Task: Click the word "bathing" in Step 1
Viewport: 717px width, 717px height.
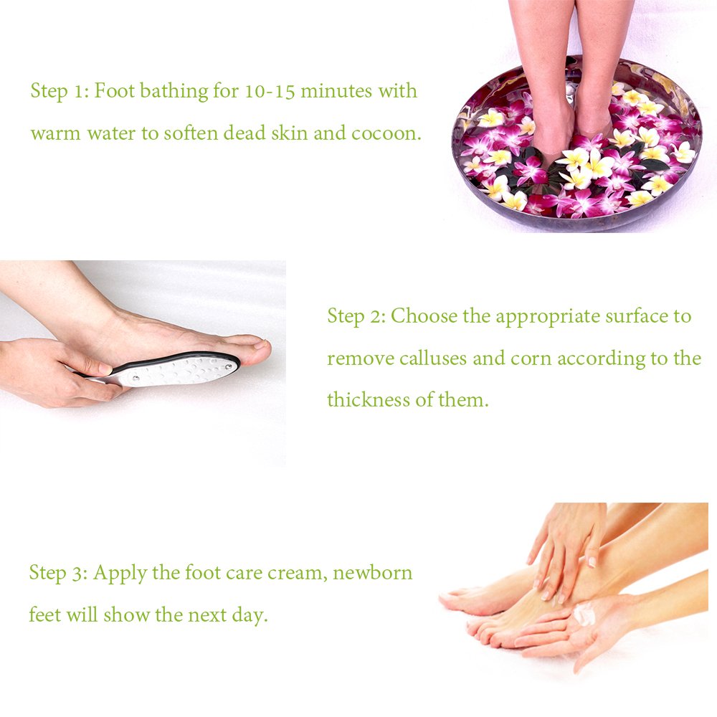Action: pyautogui.click(x=174, y=91)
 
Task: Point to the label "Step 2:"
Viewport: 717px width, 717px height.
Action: pyautogui.click(x=357, y=316)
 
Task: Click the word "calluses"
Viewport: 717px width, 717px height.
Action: pyautogui.click(x=433, y=358)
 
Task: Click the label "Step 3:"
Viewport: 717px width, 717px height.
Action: pyautogui.click(x=59, y=573)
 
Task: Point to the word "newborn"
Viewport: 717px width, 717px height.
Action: pyautogui.click(x=373, y=572)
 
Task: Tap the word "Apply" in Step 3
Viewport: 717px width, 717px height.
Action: pyautogui.click(x=120, y=573)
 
